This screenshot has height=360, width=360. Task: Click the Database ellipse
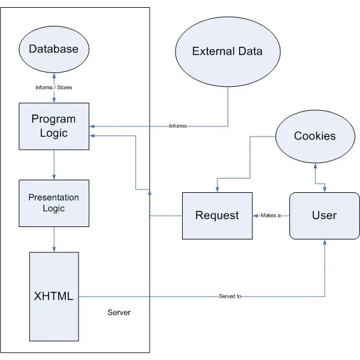pos(54,49)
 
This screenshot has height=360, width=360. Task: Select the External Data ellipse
pos(228,52)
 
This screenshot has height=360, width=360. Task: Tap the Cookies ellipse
pos(315,137)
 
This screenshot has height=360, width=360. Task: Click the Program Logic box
pos(54,126)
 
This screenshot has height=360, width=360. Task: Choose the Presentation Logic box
pos(54,203)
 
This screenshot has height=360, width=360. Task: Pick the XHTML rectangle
pos(54,297)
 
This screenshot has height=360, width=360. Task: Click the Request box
pos(217,216)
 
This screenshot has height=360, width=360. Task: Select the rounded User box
pos(325,216)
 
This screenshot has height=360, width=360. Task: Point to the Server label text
pos(119,312)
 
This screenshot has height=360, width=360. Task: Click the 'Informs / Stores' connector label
pos(54,87)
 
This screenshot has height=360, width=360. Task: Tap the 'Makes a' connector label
pos(271,216)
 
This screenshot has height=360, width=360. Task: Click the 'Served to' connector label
pos(230,296)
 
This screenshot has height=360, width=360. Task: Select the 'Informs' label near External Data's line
pos(178,126)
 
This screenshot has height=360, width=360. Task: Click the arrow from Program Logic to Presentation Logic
pos(54,165)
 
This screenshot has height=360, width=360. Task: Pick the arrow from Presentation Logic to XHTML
pos(54,240)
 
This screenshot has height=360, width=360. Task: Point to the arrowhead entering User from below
pos(325,242)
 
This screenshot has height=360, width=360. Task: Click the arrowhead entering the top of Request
pos(217,189)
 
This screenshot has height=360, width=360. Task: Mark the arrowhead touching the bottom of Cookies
pos(315,166)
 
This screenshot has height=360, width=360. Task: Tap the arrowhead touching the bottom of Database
pos(54,75)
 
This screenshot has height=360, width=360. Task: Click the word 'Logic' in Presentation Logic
pos(54,208)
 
